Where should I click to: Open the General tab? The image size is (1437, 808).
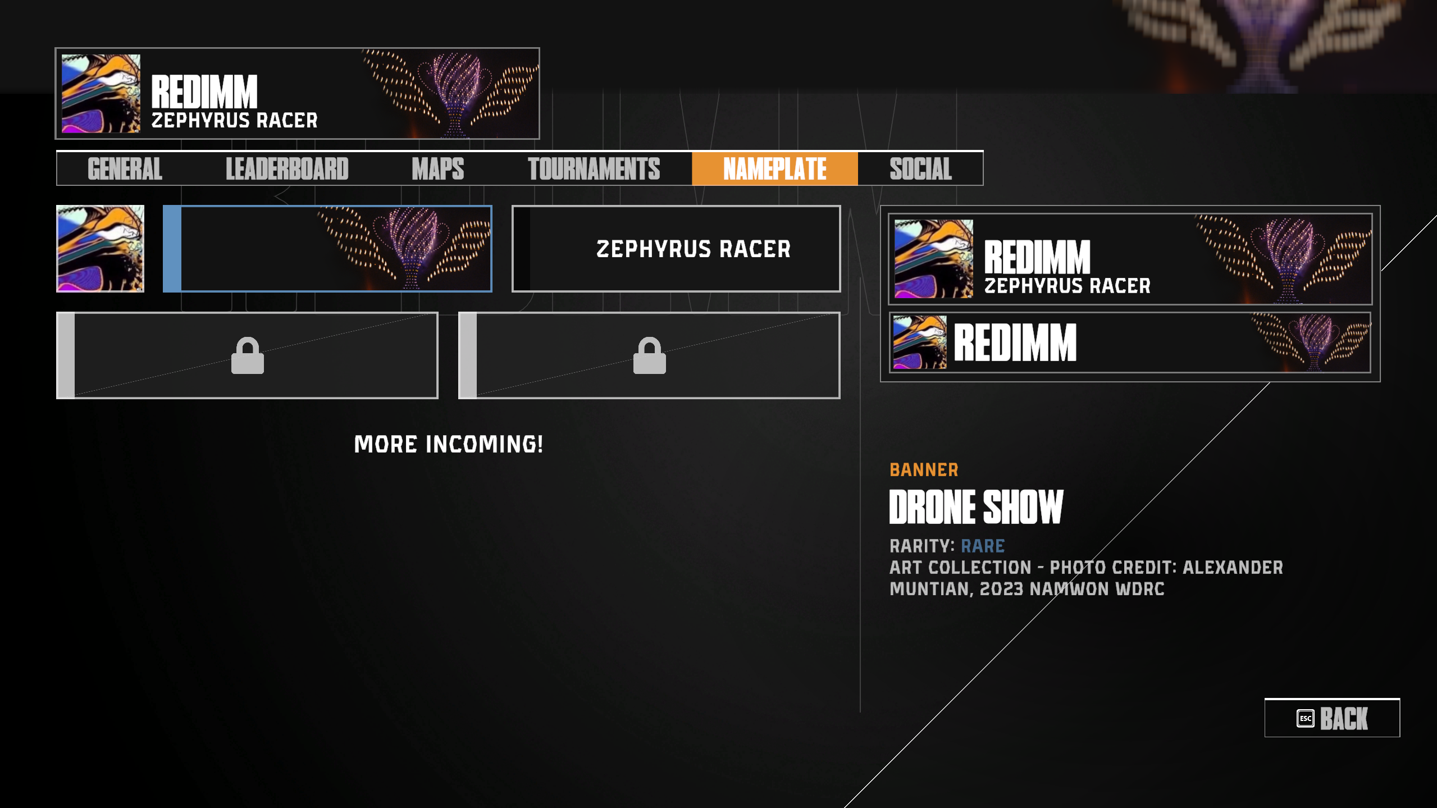click(x=125, y=168)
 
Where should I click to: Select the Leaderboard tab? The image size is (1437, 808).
click(x=287, y=168)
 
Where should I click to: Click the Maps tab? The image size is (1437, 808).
click(x=438, y=168)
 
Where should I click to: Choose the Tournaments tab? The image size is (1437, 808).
click(x=594, y=168)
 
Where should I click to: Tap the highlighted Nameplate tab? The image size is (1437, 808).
click(x=774, y=168)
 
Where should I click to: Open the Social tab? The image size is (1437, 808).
click(x=920, y=168)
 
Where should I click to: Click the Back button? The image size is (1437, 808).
click(x=1332, y=718)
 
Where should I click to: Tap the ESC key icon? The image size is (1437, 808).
click(x=1306, y=718)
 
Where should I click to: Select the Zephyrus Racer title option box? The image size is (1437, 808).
click(x=676, y=249)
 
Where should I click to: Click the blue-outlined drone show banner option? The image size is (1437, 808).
click(x=327, y=249)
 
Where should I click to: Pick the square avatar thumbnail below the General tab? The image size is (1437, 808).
click(x=100, y=249)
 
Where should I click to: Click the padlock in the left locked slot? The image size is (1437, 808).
click(x=248, y=355)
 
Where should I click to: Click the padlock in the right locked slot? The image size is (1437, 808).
click(x=650, y=355)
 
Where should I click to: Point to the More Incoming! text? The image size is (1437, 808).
click(x=449, y=444)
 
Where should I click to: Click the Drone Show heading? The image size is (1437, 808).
click(x=977, y=506)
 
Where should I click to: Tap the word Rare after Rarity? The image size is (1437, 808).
click(x=983, y=546)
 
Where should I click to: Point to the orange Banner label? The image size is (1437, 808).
click(x=924, y=469)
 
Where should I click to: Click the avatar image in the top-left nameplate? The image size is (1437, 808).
click(x=101, y=93)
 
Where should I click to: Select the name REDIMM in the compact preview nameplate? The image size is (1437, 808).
click(x=1015, y=343)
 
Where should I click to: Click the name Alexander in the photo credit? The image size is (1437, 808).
click(x=1233, y=567)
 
